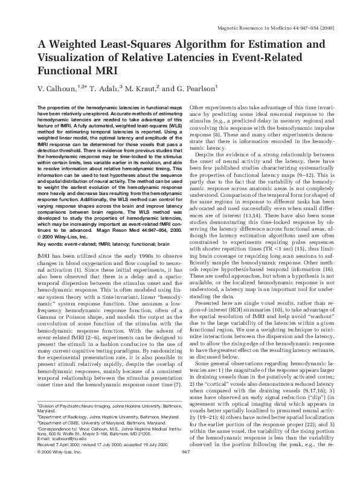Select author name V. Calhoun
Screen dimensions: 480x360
[x=57, y=89]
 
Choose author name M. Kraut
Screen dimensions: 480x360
[x=147, y=89]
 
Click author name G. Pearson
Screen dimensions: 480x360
[x=194, y=89]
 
